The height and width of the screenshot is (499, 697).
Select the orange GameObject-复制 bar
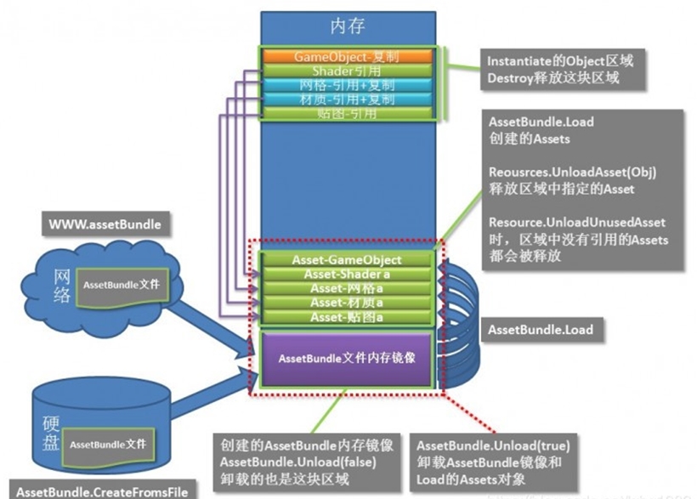tap(347, 56)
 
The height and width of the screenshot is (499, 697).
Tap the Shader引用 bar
tap(347, 71)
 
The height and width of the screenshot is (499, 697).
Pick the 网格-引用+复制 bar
tap(347, 85)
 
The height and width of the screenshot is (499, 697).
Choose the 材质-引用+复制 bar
tap(347, 99)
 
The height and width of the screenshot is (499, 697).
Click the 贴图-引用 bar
tap(347, 114)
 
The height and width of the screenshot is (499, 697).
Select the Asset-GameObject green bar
tap(347, 259)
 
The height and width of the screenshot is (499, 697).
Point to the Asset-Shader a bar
tap(347, 274)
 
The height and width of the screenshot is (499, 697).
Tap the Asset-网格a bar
tap(347, 288)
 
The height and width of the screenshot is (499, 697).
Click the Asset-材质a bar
tap(347, 303)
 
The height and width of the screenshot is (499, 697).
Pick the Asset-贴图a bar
tap(347, 317)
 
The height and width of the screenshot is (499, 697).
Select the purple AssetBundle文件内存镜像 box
tap(347, 358)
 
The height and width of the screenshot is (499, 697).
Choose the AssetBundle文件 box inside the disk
tap(107, 445)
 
